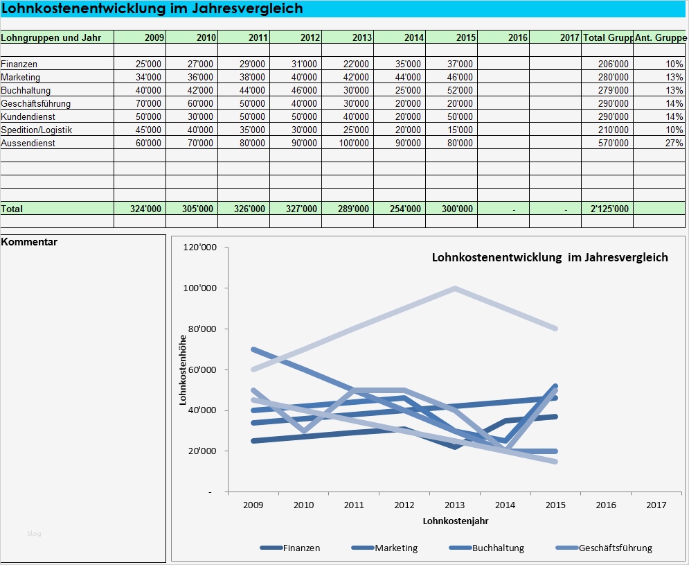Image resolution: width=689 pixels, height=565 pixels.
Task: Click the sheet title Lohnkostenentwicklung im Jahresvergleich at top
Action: click(152, 8)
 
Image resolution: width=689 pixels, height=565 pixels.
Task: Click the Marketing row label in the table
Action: click(21, 77)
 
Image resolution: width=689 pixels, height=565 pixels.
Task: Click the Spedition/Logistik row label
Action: click(37, 130)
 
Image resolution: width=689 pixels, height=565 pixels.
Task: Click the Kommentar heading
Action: click(30, 242)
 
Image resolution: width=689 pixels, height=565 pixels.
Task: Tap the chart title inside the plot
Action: click(550, 257)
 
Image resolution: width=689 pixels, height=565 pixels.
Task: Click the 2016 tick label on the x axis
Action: click(606, 505)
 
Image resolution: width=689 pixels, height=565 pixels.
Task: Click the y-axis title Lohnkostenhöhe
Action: click(183, 370)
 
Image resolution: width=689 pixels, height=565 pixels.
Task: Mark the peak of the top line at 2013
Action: click(454, 288)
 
